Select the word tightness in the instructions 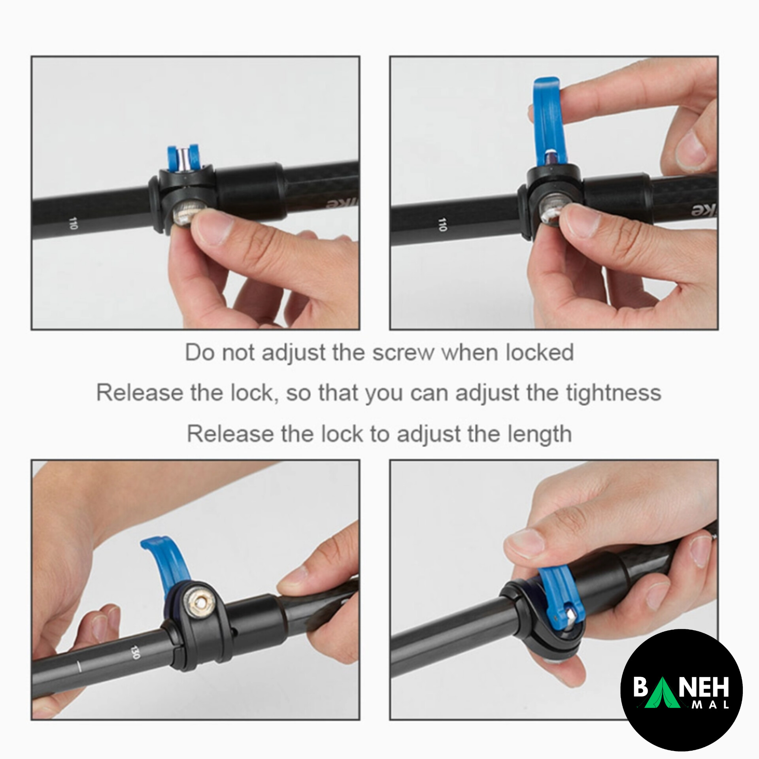coord(614,393)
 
